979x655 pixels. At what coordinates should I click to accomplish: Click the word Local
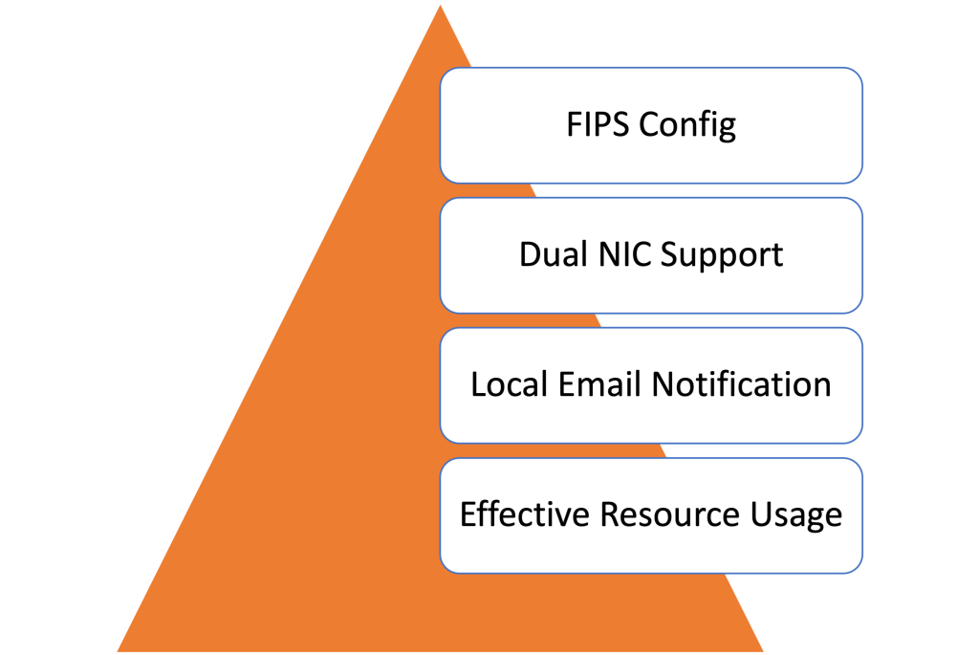coord(510,384)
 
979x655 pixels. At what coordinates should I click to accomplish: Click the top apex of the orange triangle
coord(440,4)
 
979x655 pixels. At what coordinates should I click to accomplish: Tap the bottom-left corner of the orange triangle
coord(117,652)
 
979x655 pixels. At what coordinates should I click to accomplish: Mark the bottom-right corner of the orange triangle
coord(764,652)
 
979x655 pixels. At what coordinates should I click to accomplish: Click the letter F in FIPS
coord(573,124)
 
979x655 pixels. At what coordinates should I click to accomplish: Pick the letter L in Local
coord(478,384)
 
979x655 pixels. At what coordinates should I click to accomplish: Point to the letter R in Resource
coord(609,514)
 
